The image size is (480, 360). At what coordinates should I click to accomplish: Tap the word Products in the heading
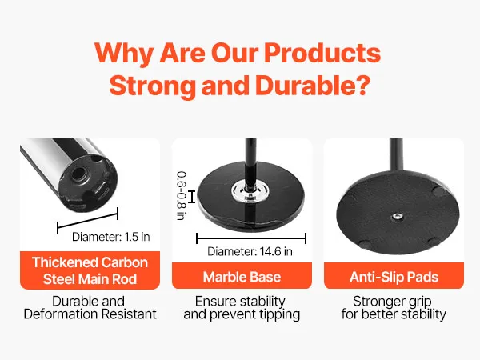coord(322,53)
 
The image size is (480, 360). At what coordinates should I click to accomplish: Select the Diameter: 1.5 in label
coord(111,237)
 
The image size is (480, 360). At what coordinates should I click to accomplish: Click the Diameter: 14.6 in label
coord(250,251)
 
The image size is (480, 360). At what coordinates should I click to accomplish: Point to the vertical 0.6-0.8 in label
coord(182,196)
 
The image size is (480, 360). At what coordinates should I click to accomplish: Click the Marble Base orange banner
coord(242,275)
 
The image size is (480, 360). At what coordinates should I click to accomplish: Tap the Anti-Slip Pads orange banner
coord(394,275)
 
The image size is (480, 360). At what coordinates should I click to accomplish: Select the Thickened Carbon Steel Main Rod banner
coord(90,270)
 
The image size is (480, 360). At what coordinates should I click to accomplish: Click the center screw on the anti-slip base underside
coord(397,217)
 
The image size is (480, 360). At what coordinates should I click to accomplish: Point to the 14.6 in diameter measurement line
coord(251,238)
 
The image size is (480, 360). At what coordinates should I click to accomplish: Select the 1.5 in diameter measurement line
coord(87,221)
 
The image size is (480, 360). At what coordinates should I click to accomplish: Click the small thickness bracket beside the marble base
coord(192,197)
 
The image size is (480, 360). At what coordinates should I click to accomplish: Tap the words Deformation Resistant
coord(90,314)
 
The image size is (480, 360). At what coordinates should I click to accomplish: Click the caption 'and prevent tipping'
coord(242,314)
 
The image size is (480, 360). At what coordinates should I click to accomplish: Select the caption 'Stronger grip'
coord(392,302)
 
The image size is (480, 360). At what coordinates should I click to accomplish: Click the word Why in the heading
coord(124,54)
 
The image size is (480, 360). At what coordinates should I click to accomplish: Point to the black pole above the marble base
coord(251,162)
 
